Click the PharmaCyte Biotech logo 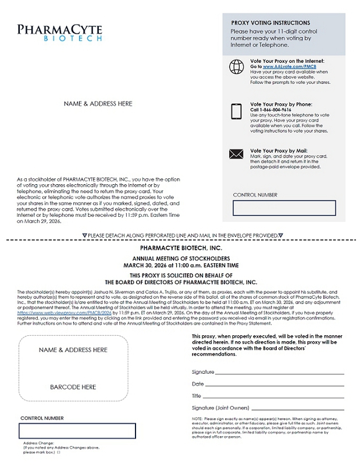click(x=59, y=33)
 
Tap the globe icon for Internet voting click(x=236, y=67)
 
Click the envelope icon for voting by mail click(x=236, y=154)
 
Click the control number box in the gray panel click(x=284, y=207)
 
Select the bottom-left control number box click(x=77, y=431)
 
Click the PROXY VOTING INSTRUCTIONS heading click(x=270, y=23)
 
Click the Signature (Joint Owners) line click(x=297, y=409)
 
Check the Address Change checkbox click(x=58, y=452)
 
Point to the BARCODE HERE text click(x=73, y=387)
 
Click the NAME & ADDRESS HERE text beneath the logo click(x=98, y=104)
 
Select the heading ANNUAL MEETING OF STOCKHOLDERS click(x=181, y=258)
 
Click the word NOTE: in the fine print click(x=198, y=418)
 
